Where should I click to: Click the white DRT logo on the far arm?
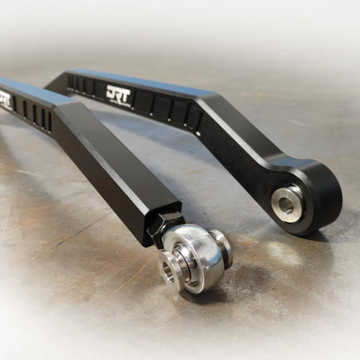(119, 93)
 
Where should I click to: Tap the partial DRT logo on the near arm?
(5, 99)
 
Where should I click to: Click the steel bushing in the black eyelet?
(287, 204)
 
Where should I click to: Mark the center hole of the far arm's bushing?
(286, 205)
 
